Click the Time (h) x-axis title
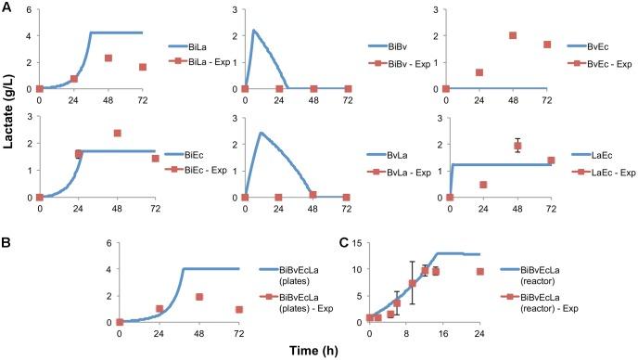(x=319, y=350)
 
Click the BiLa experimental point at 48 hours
(x=108, y=58)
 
